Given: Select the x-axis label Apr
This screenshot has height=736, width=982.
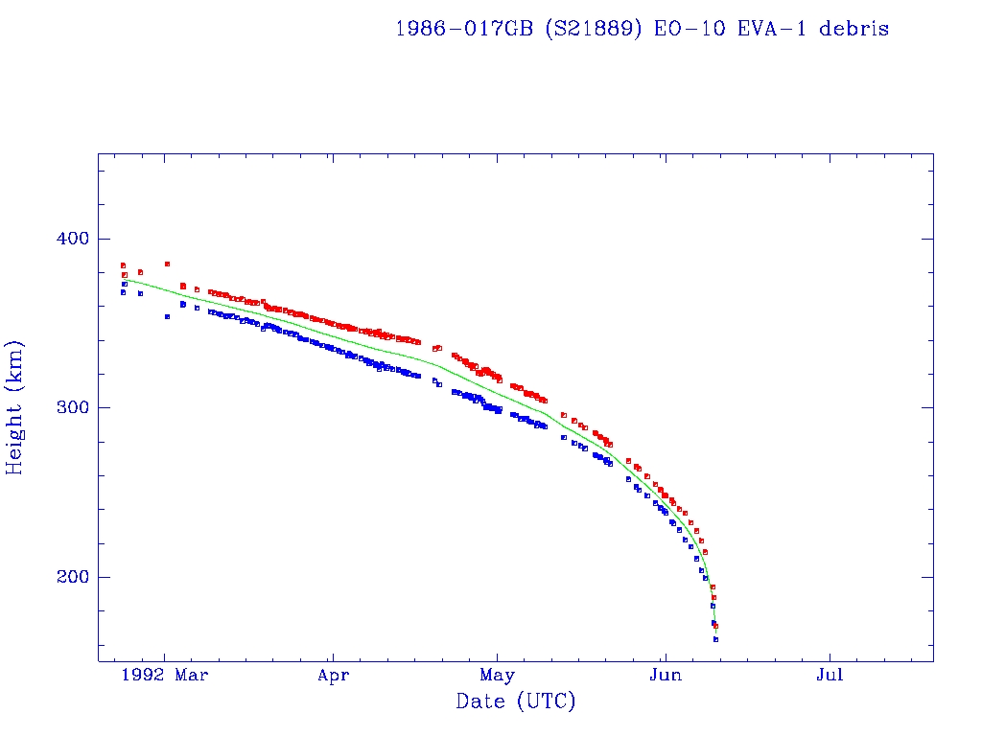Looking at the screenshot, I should [333, 676].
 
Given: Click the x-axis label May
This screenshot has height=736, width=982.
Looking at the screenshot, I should [499, 676].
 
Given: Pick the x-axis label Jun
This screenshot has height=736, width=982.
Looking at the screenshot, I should [665, 676].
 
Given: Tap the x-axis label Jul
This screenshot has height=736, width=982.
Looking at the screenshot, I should [830, 676].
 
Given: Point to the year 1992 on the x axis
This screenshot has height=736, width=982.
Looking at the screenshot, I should [148, 676].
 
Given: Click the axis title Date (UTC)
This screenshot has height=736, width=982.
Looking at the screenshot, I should [516, 702].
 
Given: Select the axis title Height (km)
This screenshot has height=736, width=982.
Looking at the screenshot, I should [15, 407].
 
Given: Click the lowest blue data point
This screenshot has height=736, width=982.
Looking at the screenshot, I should [715, 639].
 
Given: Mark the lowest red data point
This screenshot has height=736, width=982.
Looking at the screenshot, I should [715, 627].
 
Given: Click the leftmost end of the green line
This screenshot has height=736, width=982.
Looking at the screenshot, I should [124, 279].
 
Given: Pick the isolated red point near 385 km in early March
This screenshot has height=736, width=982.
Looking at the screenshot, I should [167, 264].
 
